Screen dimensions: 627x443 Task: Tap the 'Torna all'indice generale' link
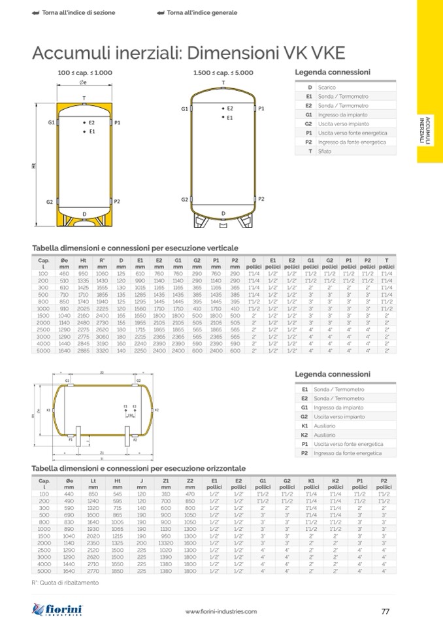coord(197,13)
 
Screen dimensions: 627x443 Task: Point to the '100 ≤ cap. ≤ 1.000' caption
coord(85,73)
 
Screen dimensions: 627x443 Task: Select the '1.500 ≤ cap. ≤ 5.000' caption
coord(223,73)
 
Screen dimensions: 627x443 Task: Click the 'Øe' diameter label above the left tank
coord(83,82)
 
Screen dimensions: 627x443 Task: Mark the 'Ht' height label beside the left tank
coord(34,166)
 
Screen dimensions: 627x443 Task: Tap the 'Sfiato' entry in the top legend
coord(325,151)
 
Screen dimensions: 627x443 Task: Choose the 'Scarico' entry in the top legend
coord(327,87)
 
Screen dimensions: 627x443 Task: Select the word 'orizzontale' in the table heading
coord(222,469)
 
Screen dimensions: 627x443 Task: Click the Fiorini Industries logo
coord(58,611)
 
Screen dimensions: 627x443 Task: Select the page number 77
coord(385,611)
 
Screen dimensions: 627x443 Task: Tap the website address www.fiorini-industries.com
coord(222,612)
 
